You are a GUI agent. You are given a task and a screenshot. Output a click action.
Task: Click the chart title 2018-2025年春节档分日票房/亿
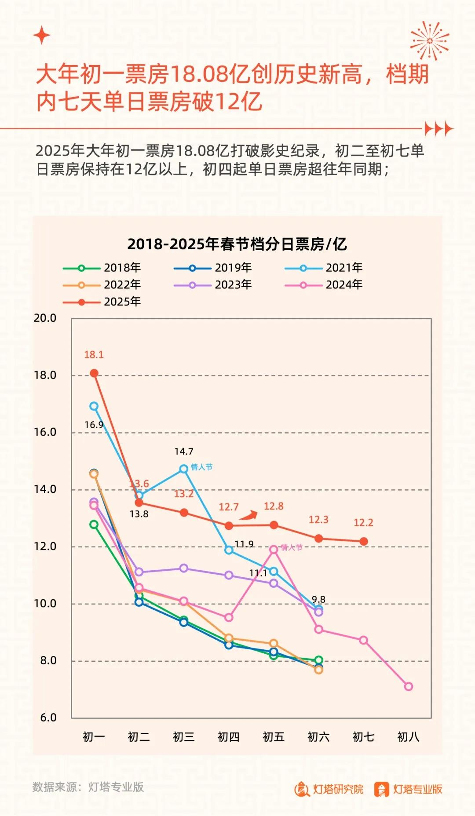[237, 244]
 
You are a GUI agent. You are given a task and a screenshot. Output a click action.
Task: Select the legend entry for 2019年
[213, 268]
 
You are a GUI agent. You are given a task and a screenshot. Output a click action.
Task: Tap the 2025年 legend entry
[102, 302]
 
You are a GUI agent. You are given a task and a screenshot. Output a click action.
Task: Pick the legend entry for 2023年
[213, 285]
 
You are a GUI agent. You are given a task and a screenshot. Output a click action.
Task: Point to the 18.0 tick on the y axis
[45, 375]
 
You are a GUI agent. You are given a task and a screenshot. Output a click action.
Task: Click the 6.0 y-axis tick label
[48, 718]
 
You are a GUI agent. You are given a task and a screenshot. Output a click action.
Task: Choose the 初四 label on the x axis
[229, 737]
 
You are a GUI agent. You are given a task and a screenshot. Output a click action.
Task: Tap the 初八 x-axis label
[408, 737]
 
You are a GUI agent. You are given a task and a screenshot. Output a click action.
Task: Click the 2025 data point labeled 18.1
[94, 373]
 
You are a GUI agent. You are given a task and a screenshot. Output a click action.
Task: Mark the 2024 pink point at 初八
[409, 686]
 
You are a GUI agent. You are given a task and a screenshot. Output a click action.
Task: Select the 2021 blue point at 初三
[184, 469]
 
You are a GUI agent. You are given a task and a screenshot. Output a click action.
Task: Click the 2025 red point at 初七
[364, 541]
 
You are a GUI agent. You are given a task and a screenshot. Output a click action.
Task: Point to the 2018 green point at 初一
[94, 525]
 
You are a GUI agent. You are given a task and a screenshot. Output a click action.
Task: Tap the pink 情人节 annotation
[292, 547]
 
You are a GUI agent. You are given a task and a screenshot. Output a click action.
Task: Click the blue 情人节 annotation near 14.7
[201, 467]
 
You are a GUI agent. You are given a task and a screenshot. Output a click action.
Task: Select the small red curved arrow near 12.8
[249, 515]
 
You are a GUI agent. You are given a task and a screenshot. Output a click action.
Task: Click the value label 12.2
[363, 523]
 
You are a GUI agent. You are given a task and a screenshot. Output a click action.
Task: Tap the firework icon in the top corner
[430, 41]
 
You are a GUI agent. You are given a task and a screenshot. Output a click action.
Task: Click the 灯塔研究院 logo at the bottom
[329, 789]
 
